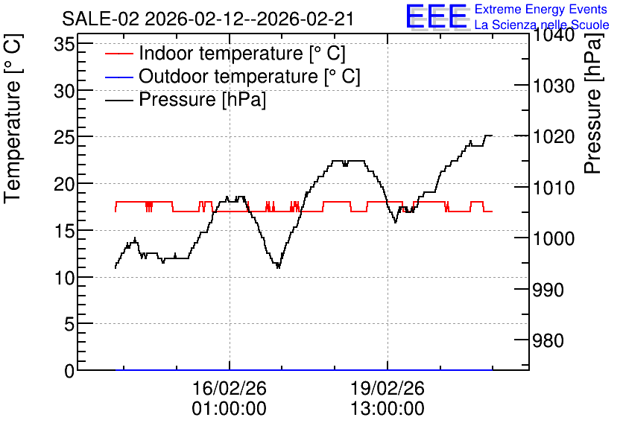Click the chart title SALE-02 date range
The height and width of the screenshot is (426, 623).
coord(208,19)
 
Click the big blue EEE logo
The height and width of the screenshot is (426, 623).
coord(436,16)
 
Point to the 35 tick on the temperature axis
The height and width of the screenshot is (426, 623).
coord(64,45)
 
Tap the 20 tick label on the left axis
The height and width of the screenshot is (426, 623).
coord(64,184)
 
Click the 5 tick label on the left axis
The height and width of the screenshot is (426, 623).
coord(69,324)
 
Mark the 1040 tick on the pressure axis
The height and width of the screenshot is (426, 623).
coord(554,35)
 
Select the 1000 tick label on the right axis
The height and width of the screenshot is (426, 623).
coord(554,238)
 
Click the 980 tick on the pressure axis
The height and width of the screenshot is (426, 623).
coord(548,340)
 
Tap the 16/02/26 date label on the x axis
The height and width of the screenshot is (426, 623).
coord(230,388)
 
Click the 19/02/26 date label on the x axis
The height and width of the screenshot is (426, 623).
coord(388,388)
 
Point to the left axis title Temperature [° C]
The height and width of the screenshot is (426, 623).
coord(13,118)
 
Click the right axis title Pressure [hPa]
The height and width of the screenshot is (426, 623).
coord(593,104)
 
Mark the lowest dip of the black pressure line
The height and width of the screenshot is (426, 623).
coord(278,268)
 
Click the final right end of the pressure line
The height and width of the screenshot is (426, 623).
coord(493,136)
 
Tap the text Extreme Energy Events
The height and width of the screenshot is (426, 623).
coord(541,9)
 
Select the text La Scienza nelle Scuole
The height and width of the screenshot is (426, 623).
coord(542,25)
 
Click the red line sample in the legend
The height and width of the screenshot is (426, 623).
coord(118,54)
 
